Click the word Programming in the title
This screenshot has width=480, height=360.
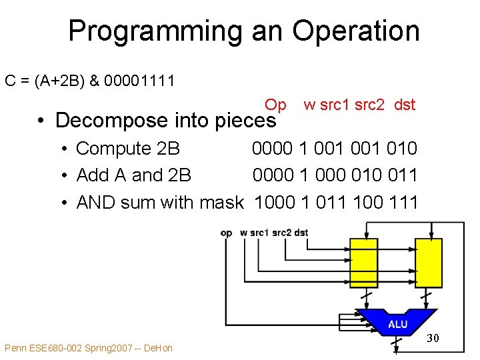pyautogui.click(x=155, y=31)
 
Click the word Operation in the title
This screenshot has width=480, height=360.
pyautogui.click(x=356, y=31)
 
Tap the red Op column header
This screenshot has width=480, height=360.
pyautogui.click(x=275, y=105)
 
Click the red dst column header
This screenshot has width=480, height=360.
pyautogui.click(x=405, y=105)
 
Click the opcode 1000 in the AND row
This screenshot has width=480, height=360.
pyautogui.click(x=271, y=202)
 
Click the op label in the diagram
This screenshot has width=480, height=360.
pyautogui.click(x=226, y=233)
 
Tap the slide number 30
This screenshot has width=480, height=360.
pyautogui.click(x=433, y=339)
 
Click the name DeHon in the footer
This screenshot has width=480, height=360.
pyautogui.click(x=159, y=348)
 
